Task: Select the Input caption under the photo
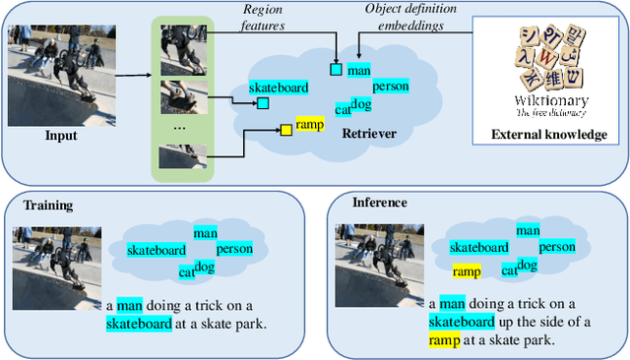pyautogui.click(x=61, y=135)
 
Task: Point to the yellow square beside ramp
pyautogui.click(x=286, y=129)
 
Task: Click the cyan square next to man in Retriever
pyautogui.click(x=336, y=69)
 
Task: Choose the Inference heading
pyautogui.click(x=380, y=203)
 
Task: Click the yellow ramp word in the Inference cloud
pyautogui.click(x=468, y=270)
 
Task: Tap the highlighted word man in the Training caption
pyautogui.click(x=130, y=305)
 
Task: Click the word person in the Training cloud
pyautogui.click(x=234, y=249)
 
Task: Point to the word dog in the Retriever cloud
pyautogui.click(x=361, y=104)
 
